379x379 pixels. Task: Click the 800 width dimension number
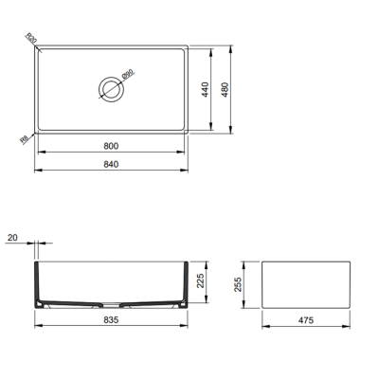[112, 146]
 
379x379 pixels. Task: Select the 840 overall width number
[112, 163]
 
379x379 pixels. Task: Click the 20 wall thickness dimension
[12, 237]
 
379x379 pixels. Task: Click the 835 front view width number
[112, 319]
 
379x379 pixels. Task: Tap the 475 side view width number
[306, 320]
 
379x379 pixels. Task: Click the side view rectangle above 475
[306, 283]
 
